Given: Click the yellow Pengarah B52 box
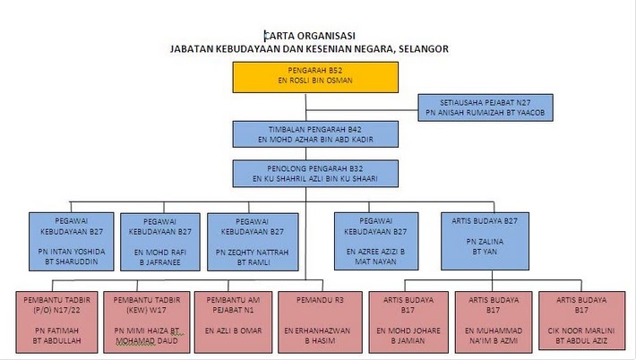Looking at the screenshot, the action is (x=315, y=77).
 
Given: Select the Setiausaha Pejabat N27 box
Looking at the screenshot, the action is (x=486, y=107).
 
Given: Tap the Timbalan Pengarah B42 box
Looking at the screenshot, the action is (x=315, y=134).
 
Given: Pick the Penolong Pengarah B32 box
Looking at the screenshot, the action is (x=315, y=174).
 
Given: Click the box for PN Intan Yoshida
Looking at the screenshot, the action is (x=72, y=242).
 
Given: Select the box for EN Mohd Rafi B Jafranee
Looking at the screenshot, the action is (x=160, y=242).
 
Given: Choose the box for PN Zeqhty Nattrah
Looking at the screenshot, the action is (x=253, y=242).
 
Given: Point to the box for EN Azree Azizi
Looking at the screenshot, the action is (x=376, y=241).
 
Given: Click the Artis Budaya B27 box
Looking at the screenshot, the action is (x=485, y=241).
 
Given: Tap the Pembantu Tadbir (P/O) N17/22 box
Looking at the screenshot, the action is (x=56, y=321).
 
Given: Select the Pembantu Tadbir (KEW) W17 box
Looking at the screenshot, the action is (x=146, y=321).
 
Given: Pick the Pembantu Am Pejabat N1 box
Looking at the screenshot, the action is (x=233, y=321).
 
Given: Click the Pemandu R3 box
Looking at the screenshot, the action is (x=320, y=321).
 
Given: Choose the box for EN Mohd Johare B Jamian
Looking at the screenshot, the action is (x=408, y=321).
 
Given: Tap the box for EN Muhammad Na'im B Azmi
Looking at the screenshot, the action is (x=494, y=321).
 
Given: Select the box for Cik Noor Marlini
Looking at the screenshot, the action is (x=581, y=321).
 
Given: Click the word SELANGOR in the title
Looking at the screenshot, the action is (x=424, y=49).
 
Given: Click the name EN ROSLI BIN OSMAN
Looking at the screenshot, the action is (x=315, y=81).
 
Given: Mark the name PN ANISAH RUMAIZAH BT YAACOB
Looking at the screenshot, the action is (x=486, y=113).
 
